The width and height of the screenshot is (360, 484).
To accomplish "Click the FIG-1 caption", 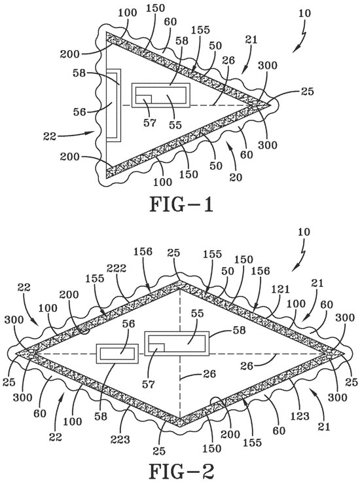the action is [x=182, y=204].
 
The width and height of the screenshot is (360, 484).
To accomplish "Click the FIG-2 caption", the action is [x=182, y=471].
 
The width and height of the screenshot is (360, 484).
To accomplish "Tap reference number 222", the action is [x=117, y=269].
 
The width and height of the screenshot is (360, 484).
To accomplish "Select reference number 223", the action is [x=120, y=439].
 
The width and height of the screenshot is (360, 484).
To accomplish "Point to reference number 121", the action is [x=280, y=289].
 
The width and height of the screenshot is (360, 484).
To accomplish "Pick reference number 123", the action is [x=299, y=416].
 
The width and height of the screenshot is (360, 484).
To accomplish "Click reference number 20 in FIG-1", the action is [x=236, y=177].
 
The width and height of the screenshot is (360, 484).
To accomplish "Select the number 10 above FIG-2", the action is [x=304, y=232].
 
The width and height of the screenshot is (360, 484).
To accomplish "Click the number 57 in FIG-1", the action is [x=150, y=123].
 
